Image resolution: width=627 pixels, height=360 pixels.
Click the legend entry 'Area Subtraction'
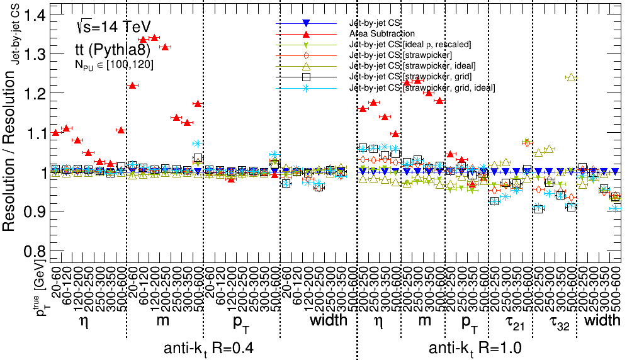pos(382,34)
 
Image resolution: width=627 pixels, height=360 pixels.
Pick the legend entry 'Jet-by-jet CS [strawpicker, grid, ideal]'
pos(422,87)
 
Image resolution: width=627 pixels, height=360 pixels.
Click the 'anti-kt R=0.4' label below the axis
pos(209,348)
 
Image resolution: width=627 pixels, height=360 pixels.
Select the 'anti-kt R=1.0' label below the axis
pos(475,348)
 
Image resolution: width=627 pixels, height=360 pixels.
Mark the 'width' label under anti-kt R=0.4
pos(329,321)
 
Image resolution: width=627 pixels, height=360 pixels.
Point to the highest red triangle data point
pos(154,37)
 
